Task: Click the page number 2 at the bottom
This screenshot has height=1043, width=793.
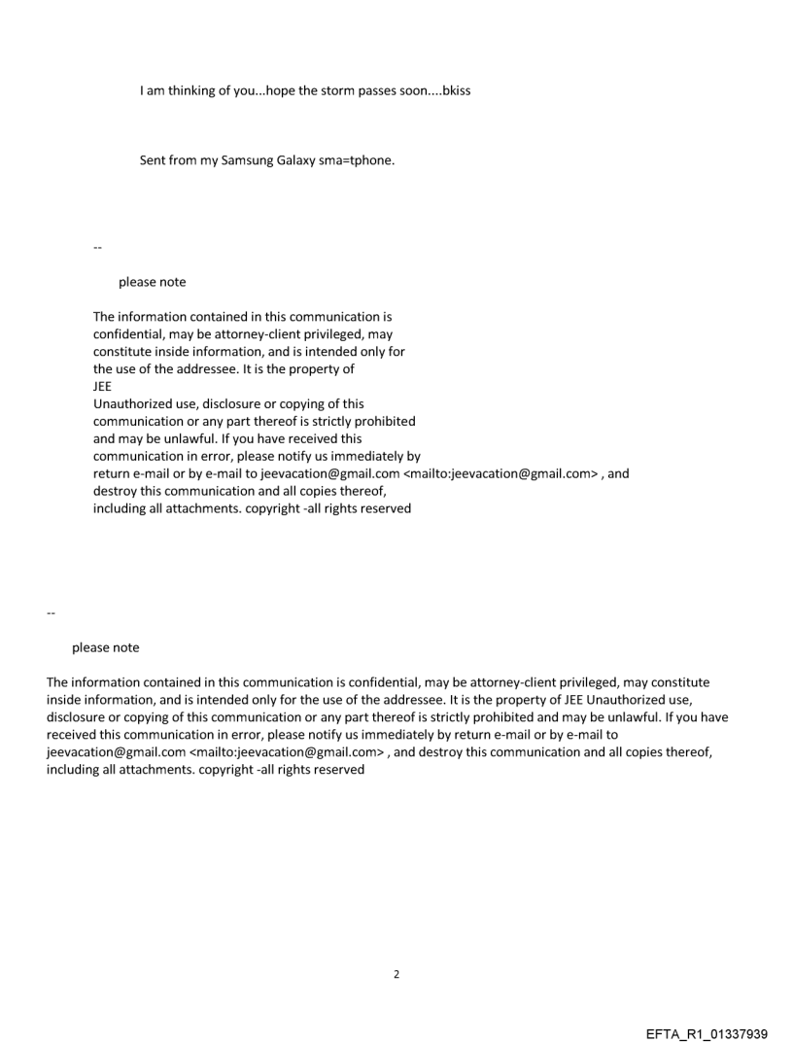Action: (x=396, y=974)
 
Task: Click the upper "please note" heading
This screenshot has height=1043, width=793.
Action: (x=152, y=282)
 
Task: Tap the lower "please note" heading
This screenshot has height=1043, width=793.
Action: (x=105, y=647)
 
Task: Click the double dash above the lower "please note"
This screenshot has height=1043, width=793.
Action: (x=51, y=614)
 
